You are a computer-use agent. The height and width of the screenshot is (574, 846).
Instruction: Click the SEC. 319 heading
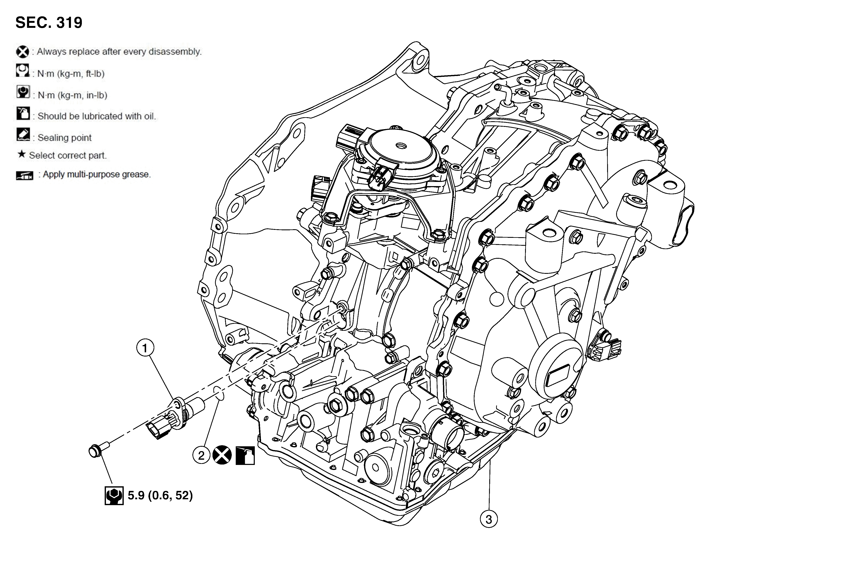(49, 23)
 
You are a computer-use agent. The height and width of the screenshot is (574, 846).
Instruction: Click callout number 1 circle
(145, 348)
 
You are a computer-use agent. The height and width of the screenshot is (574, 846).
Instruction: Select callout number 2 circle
(201, 455)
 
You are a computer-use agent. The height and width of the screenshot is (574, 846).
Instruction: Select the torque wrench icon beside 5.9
(114, 495)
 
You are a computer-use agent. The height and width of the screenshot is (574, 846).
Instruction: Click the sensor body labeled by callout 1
(182, 411)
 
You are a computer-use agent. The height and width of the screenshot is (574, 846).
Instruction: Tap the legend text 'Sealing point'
(64, 138)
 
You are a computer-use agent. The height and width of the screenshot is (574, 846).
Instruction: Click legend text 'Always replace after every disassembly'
(119, 52)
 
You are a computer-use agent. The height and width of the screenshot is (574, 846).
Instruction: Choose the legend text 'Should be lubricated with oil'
(97, 116)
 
